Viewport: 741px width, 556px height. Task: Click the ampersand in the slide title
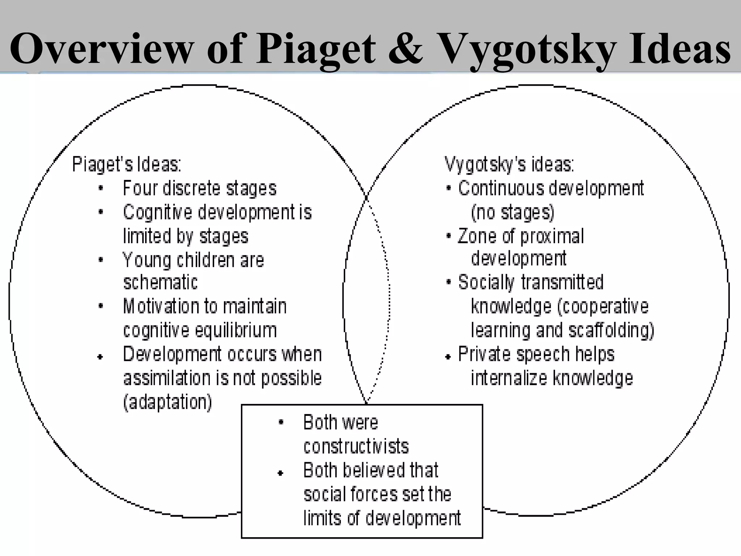pos(405,49)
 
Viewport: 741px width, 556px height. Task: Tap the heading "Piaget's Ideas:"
pos(127,164)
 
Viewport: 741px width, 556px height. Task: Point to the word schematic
pos(160,282)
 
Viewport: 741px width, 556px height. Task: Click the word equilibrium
pos(236,330)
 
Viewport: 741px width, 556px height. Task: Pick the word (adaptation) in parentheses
pos(168,402)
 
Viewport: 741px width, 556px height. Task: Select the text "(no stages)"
pos(512,212)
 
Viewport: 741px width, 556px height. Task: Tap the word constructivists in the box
pos(356,446)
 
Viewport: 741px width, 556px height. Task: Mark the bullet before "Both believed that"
pos(280,473)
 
